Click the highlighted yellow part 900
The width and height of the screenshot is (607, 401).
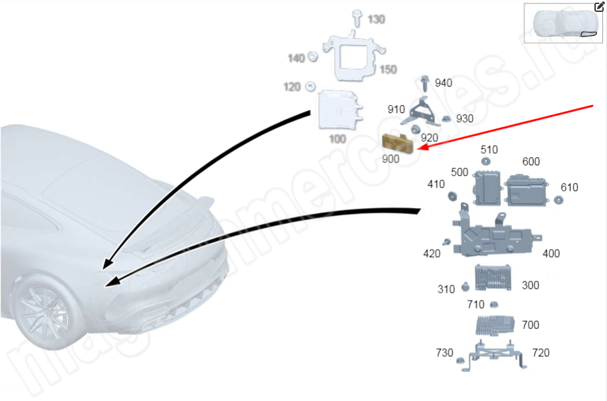(396, 142)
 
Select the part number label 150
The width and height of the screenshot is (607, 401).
(388, 69)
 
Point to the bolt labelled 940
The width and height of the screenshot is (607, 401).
(424, 84)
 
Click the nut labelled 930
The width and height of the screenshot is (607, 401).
(446, 119)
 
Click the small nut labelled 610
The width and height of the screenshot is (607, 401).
(557, 200)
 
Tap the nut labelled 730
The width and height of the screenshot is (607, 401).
(459, 361)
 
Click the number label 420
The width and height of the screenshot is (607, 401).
(432, 252)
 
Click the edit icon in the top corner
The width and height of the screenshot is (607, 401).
(599, 7)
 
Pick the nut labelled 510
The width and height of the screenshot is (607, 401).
(485, 162)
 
